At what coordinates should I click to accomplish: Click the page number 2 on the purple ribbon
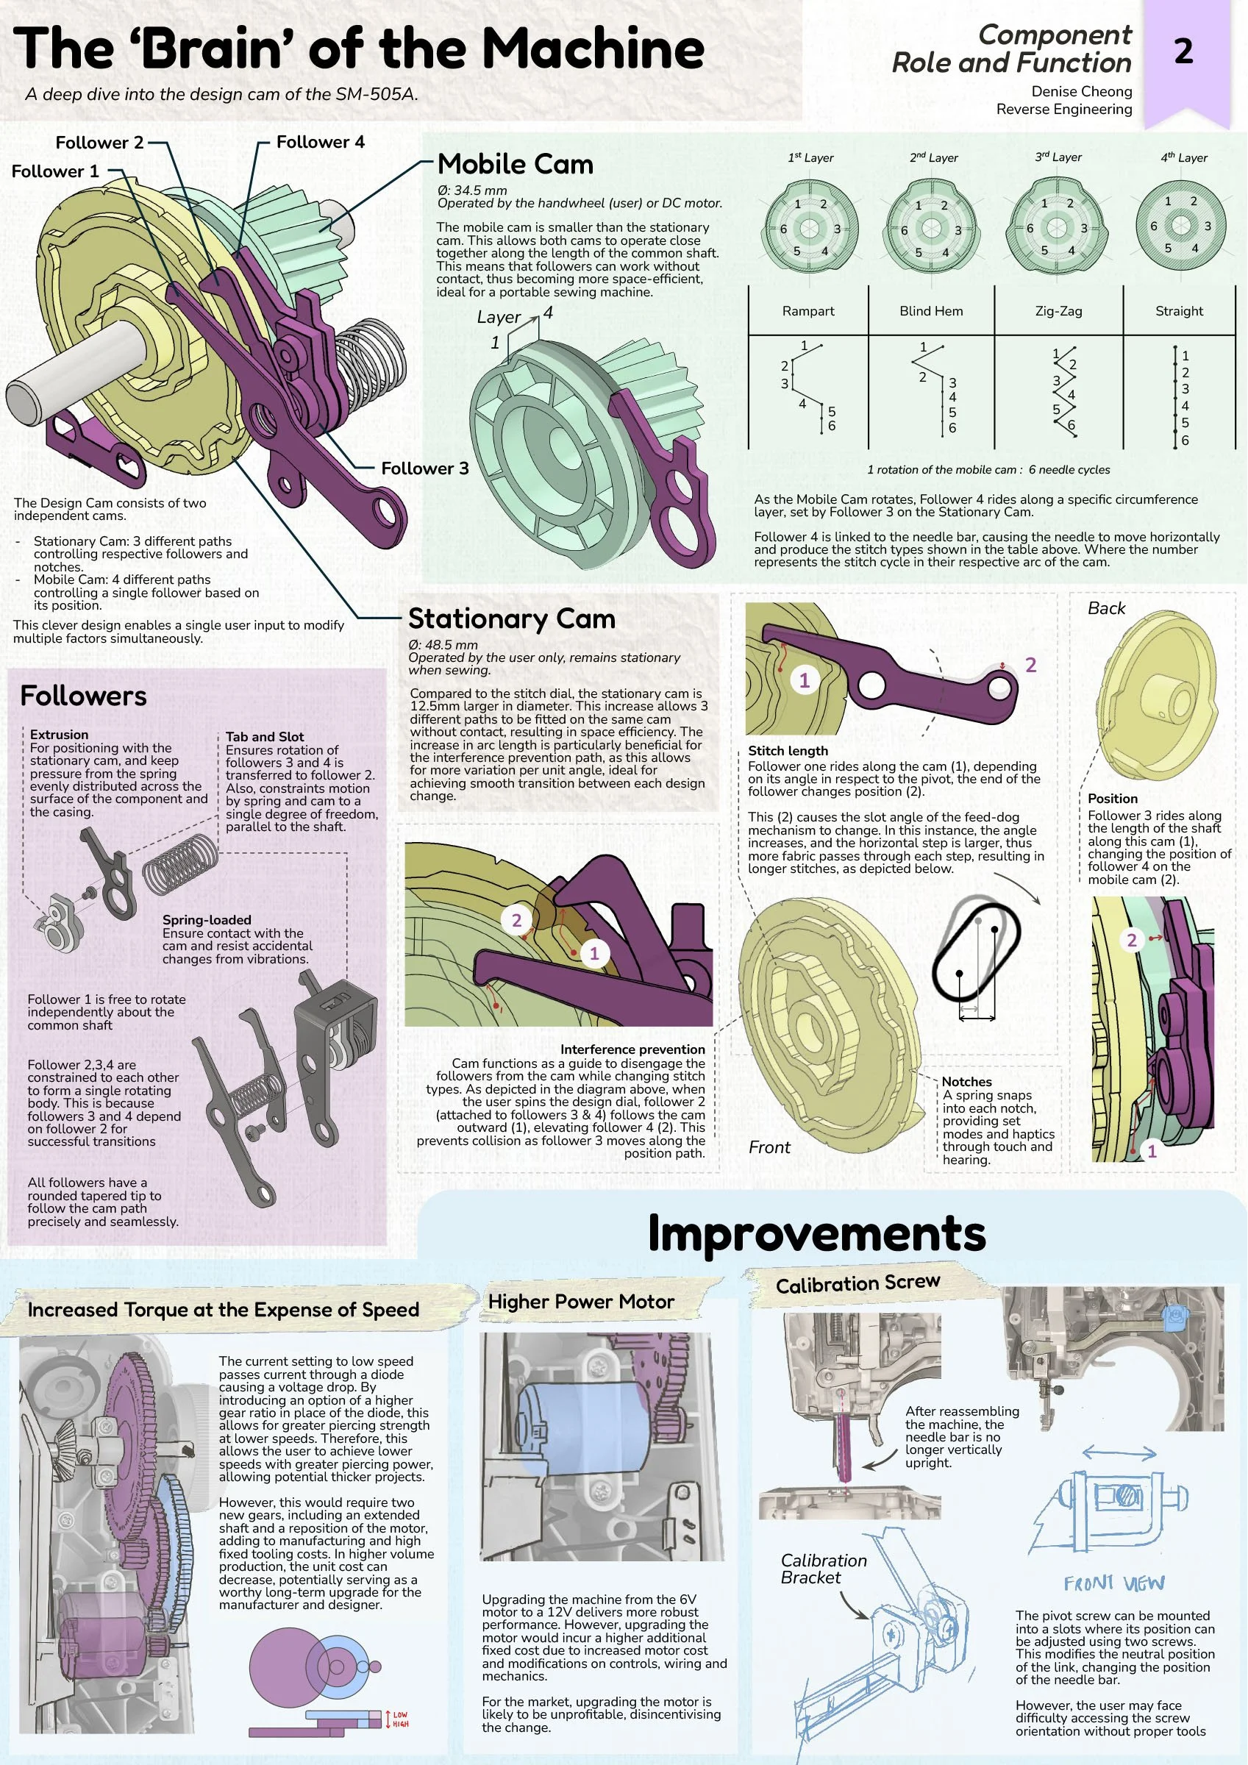(1183, 51)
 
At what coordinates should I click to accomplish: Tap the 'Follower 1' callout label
(55, 171)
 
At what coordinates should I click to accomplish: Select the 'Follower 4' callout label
(321, 141)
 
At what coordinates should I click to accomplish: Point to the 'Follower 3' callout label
(424, 468)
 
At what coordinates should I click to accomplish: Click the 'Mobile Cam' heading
(516, 164)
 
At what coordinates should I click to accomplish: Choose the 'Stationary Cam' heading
(511, 618)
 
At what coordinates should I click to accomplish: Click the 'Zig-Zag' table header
(1058, 311)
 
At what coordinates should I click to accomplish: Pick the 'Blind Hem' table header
(931, 310)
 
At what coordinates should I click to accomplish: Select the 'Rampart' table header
(808, 310)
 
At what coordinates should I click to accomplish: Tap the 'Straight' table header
(1179, 310)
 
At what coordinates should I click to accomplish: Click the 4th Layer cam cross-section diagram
(1180, 226)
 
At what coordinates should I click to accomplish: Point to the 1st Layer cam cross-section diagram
(809, 227)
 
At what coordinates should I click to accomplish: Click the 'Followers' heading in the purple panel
(83, 696)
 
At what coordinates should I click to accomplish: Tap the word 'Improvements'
(816, 1233)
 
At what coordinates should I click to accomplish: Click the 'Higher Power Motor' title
(581, 1302)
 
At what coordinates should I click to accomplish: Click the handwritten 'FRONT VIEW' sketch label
(1114, 1583)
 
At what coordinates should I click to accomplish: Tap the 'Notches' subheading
(966, 1082)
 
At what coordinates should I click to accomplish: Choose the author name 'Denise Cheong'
(1081, 91)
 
